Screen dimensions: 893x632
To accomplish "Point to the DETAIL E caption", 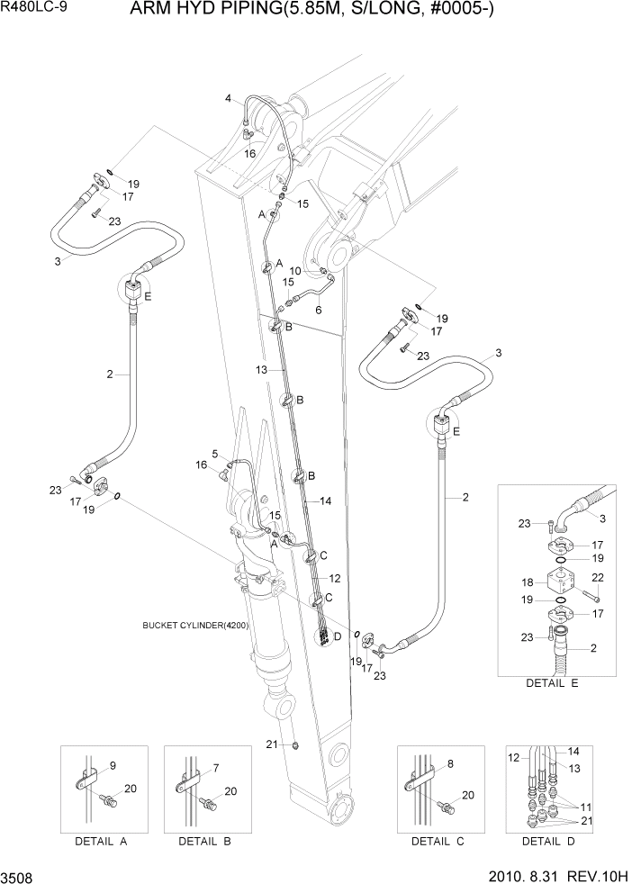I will [552, 683].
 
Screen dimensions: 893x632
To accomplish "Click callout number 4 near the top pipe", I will [228, 98].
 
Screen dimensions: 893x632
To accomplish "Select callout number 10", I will [294, 270].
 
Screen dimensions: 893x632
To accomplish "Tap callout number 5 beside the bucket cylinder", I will [215, 453].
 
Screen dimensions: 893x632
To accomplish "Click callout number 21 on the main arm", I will [270, 743].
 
